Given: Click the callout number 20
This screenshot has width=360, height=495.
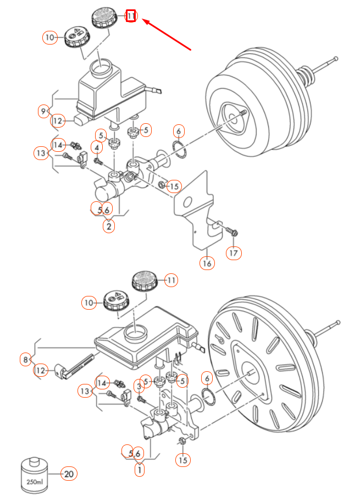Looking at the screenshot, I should click(68, 474).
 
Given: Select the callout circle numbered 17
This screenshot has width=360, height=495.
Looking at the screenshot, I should click(234, 253).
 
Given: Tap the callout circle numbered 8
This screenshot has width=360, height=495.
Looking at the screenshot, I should click(25, 360).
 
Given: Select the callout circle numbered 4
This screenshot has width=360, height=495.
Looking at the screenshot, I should click(97, 147).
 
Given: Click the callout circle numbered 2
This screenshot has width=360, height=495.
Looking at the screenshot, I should click(109, 226).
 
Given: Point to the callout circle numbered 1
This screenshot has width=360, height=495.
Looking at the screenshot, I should click(140, 470).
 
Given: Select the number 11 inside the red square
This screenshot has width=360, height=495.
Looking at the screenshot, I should click(131, 16).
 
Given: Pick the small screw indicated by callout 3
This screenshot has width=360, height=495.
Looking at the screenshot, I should click(141, 399).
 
